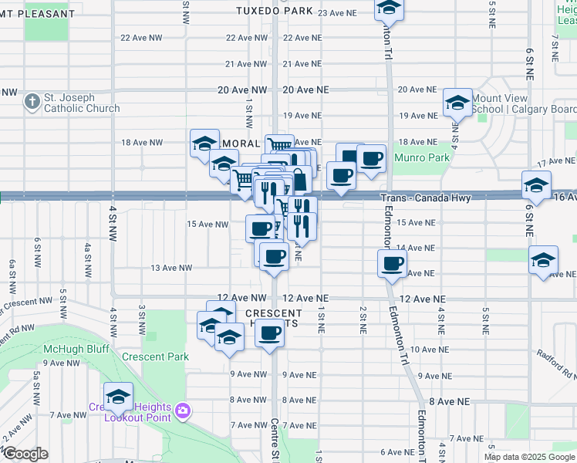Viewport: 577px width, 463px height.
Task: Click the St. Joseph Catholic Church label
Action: [82, 103]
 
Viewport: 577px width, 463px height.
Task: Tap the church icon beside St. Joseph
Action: [32, 101]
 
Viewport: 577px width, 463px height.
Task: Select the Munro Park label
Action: [421, 157]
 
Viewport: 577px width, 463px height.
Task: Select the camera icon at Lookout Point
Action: [183, 410]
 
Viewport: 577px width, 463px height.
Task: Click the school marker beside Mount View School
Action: [457, 103]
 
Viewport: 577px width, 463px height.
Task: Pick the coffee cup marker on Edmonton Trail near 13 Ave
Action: [392, 263]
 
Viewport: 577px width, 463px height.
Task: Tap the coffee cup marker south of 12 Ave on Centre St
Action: [269, 333]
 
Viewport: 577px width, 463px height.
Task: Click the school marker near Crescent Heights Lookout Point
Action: [118, 397]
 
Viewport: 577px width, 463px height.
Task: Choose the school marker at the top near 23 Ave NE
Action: [390, 8]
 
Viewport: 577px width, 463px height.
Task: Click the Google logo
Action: [25, 455]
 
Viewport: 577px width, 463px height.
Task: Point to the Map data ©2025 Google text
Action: [530, 457]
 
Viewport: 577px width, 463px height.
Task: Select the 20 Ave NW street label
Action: [242, 90]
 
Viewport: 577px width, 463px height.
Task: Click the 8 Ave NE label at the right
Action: [449, 402]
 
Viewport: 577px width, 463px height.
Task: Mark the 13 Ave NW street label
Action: [170, 268]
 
